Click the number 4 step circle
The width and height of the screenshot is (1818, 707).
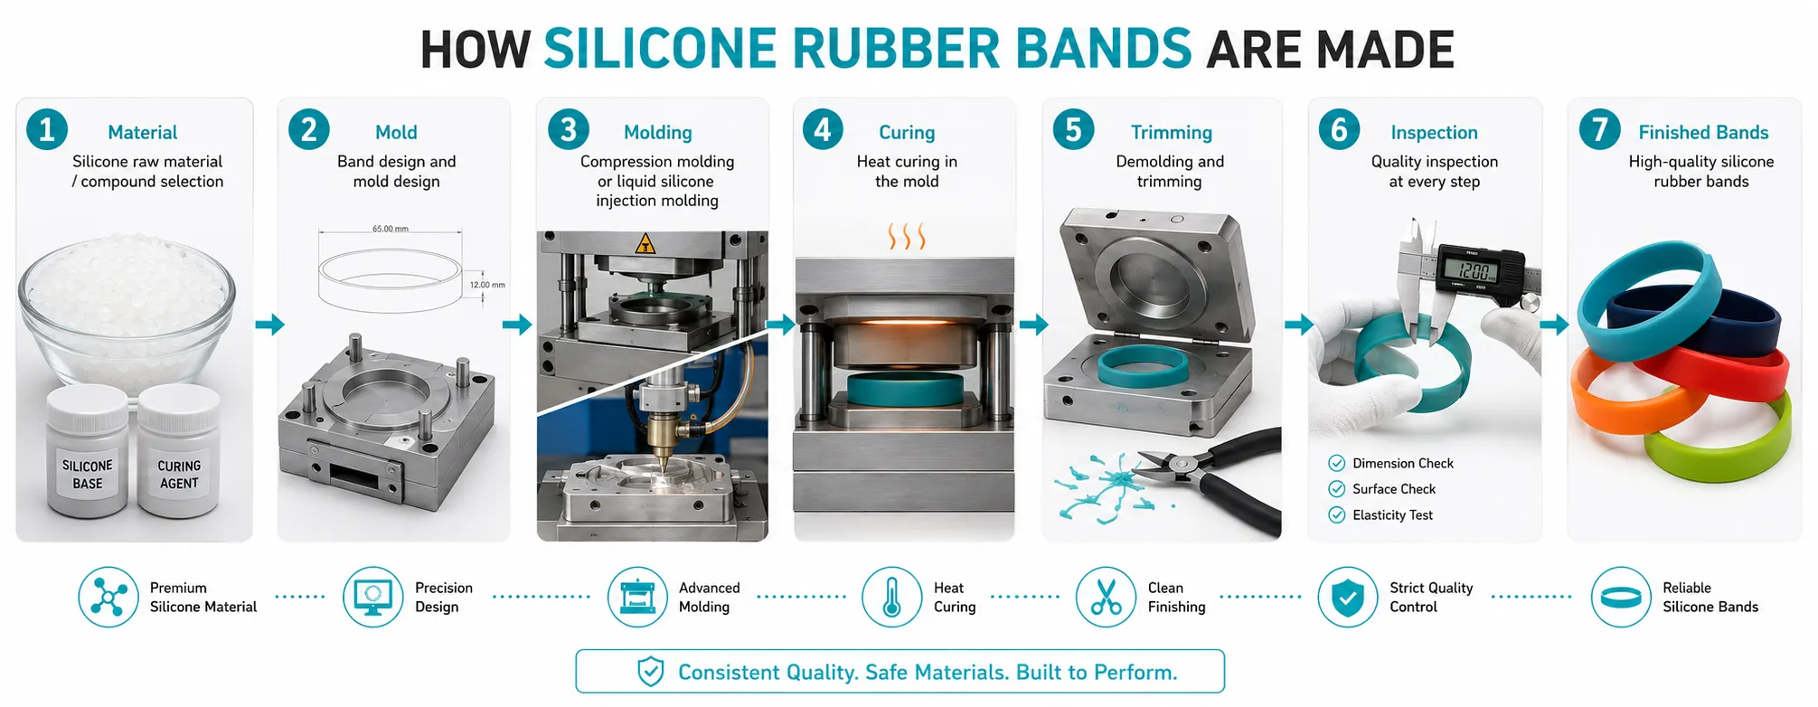(823, 130)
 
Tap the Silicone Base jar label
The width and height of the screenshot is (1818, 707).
(88, 475)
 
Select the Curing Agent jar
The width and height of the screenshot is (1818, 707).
(179, 452)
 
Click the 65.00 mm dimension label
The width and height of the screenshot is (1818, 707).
(391, 229)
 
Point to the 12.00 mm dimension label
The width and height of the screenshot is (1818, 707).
(487, 285)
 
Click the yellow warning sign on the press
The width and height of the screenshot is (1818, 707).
(645, 243)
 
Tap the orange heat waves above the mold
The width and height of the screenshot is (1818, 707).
(907, 237)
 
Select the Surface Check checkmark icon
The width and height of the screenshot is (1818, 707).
(1337, 489)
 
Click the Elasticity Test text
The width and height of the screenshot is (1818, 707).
(1392, 515)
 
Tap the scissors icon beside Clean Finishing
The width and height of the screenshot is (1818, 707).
(1106, 598)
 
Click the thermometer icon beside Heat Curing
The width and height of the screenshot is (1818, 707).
(891, 598)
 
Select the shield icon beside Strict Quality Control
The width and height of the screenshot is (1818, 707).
(1347, 598)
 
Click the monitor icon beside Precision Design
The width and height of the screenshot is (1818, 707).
(372, 598)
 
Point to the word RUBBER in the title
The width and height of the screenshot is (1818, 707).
(896, 49)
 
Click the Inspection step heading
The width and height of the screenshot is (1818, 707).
(1434, 133)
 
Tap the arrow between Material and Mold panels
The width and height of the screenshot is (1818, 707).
(269, 325)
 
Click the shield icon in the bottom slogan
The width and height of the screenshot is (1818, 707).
(651, 672)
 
